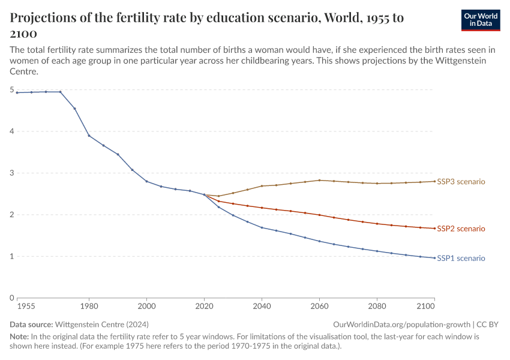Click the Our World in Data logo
(x=480, y=20)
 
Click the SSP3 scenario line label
(x=461, y=181)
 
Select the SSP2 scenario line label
(x=461, y=229)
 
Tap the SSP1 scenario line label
(x=461, y=259)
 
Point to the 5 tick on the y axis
(x=11, y=90)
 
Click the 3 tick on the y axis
(x=11, y=173)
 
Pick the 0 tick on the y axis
(x=11, y=298)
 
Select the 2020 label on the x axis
(x=204, y=307)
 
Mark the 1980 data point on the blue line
(x=89, y=136)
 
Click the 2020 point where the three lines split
(x=204, y=194)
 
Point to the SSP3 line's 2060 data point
(x=319, y=180)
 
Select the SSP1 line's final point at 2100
(x=434, y=258)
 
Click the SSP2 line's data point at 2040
(x=262, y=208)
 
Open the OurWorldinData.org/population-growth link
(x=400, y=324)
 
